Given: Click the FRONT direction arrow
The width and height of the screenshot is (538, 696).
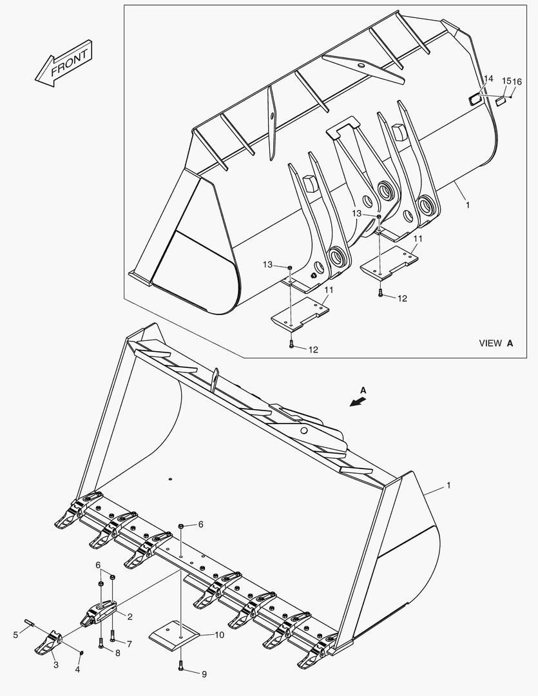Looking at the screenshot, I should [64, 63].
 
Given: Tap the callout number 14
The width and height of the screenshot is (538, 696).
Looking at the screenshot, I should [488, 79].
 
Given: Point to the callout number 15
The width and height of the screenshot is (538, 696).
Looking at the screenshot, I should [506, 81].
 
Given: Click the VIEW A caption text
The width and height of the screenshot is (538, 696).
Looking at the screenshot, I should [495, 343].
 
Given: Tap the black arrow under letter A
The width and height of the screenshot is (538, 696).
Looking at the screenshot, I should [355, 401].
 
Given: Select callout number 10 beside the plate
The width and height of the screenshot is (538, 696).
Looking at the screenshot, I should [220, 635].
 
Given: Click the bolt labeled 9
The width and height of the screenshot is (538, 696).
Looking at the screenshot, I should [181, 668].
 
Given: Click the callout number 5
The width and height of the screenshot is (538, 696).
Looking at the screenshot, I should [15, 635].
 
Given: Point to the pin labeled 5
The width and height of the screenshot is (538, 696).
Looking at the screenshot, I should [30, 623].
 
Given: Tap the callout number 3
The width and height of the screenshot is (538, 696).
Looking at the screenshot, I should [55, 664].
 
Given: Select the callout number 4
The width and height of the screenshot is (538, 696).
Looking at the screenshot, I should [77, 670].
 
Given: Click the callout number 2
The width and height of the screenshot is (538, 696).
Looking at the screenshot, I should [130, 617].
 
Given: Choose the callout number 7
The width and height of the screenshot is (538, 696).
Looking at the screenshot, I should [129, 644].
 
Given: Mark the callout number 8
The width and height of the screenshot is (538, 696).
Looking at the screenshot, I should [117, 653].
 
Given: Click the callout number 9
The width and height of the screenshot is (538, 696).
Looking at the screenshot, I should [204, 675].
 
